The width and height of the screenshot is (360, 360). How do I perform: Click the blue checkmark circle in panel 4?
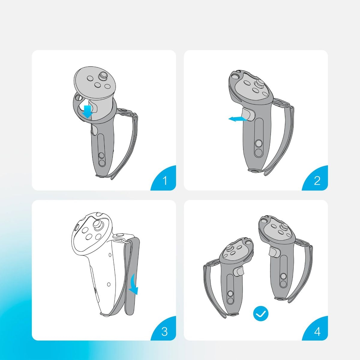pyautogui.click(x=261, y=314)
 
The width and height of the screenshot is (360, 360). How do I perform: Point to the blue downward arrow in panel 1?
pyautogui.click(x=88, y=112)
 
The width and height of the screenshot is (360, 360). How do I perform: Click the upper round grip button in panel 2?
pyautogui.click(x=259, y=143)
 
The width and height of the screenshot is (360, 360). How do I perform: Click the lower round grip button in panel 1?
pyautogui.click(x=102, y=163)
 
